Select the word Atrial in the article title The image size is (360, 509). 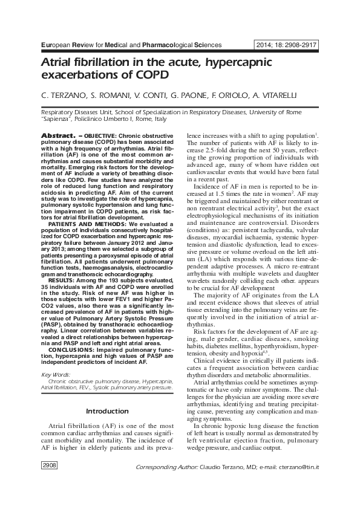(58, 63)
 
